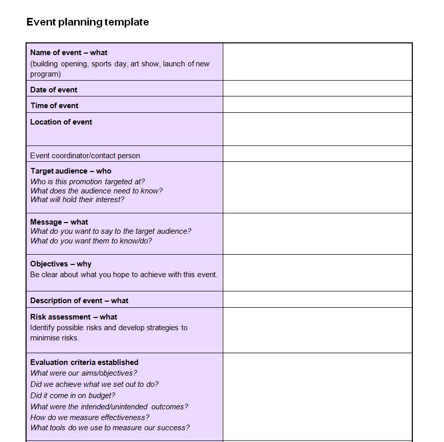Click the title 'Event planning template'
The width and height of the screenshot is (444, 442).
[87, 22]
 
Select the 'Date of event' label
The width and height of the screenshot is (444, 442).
[54, 90]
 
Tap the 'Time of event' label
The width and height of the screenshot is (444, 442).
[54, 106]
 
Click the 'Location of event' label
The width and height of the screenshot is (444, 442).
[61, 122]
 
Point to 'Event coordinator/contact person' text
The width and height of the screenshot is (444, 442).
[85, 156]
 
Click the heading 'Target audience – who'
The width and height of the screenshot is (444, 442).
[71, 171]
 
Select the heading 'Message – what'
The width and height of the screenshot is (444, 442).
[59, 222]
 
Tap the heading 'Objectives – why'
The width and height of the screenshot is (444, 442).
[61, 264]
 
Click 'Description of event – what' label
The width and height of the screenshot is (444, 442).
[79, 301]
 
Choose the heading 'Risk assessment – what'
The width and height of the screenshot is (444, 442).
[74, 317]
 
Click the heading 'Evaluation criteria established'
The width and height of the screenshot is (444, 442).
[84, 362]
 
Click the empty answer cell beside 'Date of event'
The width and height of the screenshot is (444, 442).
[317, 88]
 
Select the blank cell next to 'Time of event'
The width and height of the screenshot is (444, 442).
[317, 105]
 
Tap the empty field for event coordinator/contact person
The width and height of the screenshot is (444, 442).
[317, 154]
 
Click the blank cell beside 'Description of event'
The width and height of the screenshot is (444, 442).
[317, 300]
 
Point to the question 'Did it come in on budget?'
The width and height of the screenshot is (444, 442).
[73, 396]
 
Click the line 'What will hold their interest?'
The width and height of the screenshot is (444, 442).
[77, 200]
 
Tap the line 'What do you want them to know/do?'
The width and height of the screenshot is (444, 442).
[91, 241]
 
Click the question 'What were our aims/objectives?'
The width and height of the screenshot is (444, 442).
[84, 373]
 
